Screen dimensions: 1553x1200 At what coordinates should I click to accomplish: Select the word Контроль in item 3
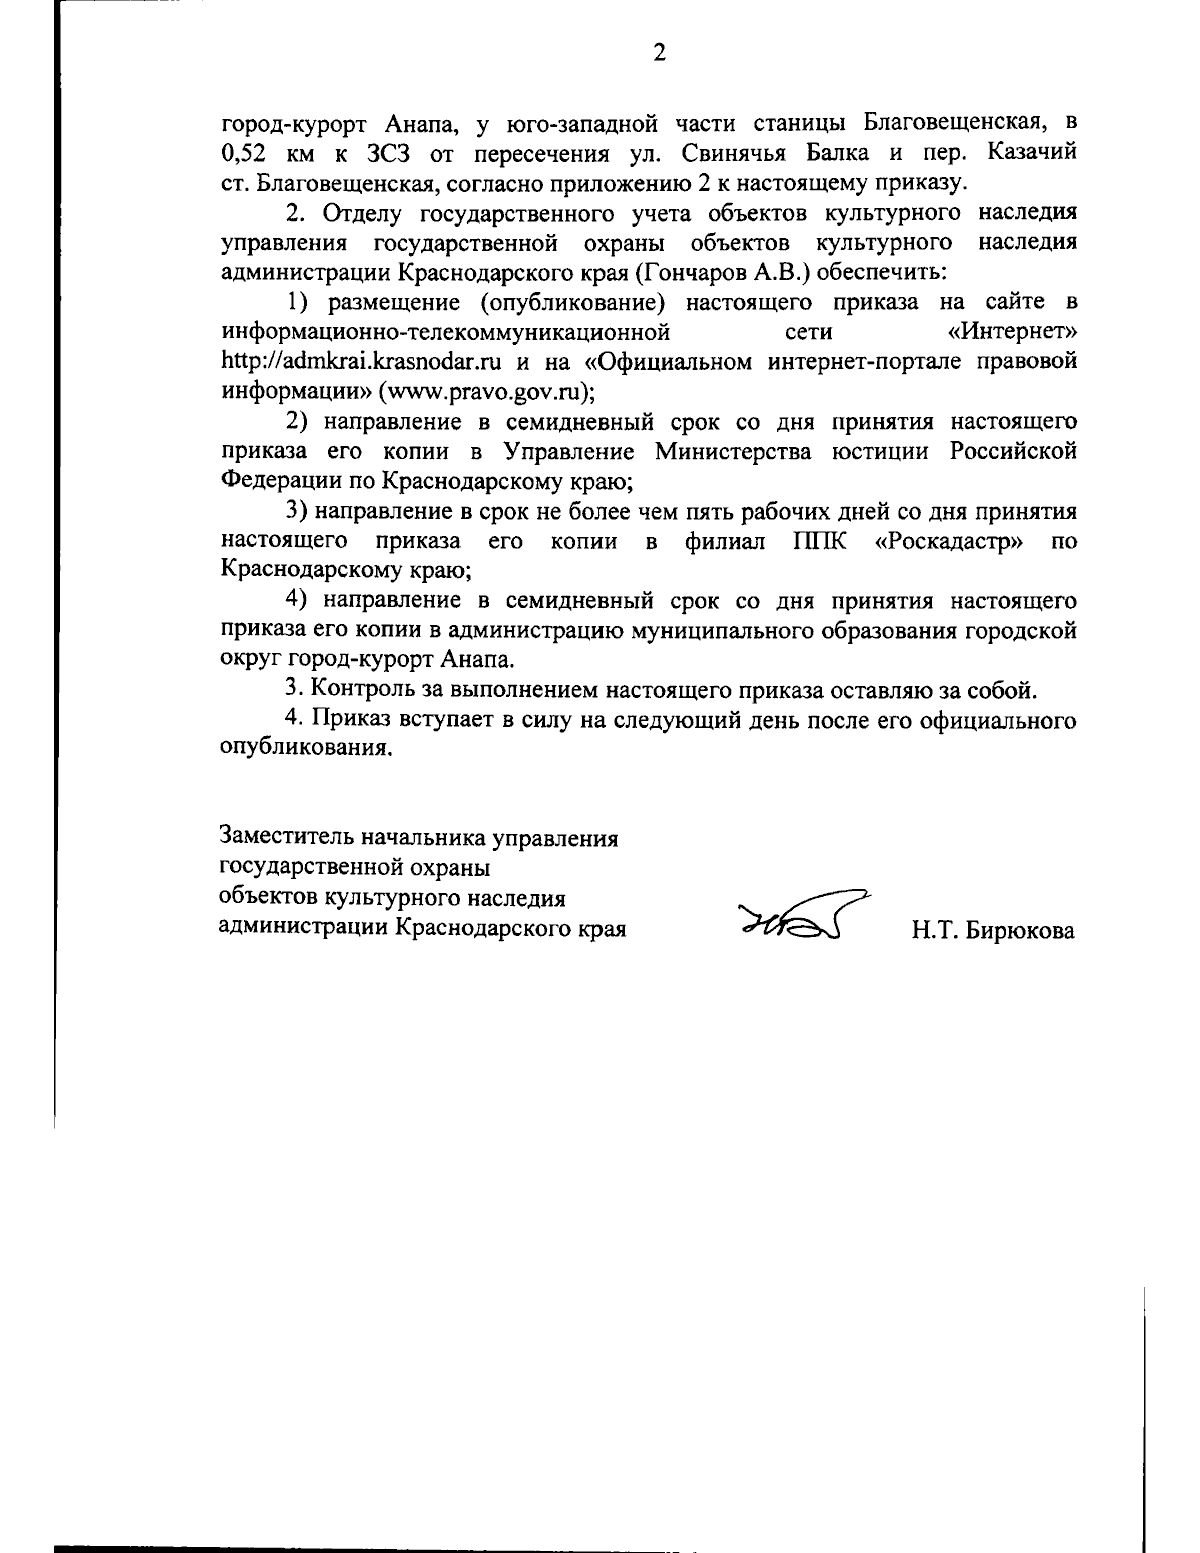358,689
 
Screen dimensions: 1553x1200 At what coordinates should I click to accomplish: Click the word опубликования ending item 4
304,749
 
